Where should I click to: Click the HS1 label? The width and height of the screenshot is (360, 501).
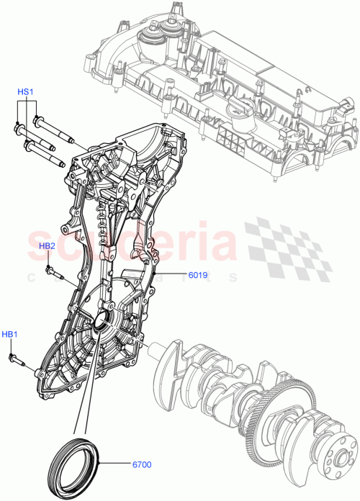click(x=26, y=92)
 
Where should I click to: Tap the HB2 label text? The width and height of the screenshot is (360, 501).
click(x=48, y=246)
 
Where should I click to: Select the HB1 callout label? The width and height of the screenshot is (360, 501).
click(x=9, y=334)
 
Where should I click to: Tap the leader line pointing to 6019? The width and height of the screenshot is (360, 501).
click(x=170, y=274)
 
